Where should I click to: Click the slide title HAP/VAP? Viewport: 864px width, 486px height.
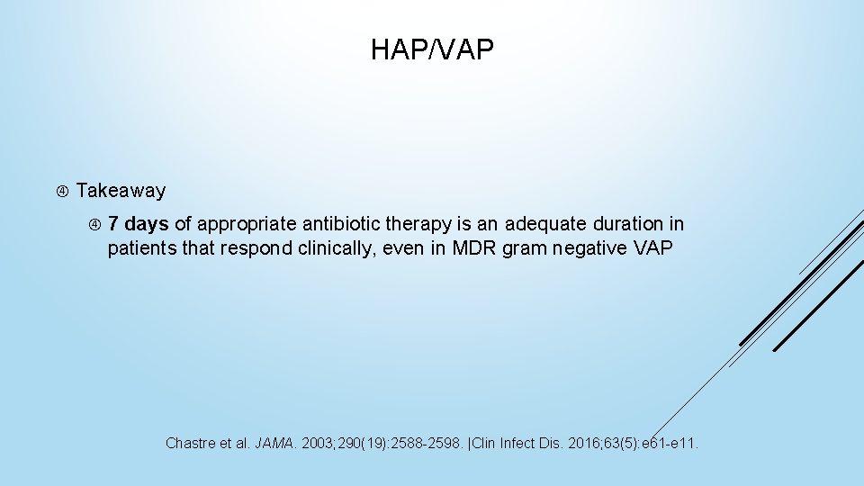[x=432, y=50]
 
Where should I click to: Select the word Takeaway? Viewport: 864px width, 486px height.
[x=121, y=191]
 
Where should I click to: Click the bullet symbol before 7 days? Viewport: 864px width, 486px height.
[x=94, y=223]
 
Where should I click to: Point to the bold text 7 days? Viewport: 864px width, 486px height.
[x=138, y=223]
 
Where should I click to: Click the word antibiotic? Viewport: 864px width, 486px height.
[x=342, y=223]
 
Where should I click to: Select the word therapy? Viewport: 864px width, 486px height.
[x=416, y=223]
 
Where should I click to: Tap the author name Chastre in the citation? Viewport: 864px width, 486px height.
[x=192, y=443]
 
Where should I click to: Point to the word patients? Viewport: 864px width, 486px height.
[x=141, y=247]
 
